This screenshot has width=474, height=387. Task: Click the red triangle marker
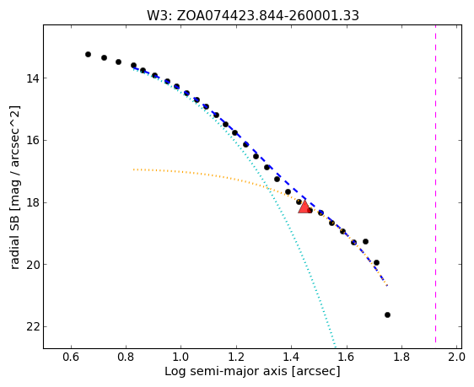pyautogui.click(x=304, y=207)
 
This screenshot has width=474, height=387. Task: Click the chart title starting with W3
pyautogui.click(x=253, y=16)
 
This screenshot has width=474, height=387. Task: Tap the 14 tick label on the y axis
pyautogui.click(x=32, y=78)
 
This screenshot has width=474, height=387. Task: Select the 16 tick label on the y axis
pyautogui.click(x=32, y=141)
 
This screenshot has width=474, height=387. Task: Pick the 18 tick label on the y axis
pyautogui.click(x=32, y=202)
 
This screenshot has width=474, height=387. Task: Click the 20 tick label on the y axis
pyautogui.click(x=32, y=265)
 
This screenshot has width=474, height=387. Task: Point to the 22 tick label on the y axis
pyautogui.click(x=32, y=327)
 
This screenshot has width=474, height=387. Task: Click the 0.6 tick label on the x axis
pyautogui.click(x=71, y=357)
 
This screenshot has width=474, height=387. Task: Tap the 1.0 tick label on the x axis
pyautogui.click(x=180, y=357)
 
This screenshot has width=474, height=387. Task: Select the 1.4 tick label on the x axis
pyautogui.click(x=291, y=357)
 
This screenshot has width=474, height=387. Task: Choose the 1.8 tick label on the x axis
pyautogui.click(x=401, y=357)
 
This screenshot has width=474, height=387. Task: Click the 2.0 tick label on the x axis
pyautogui.click(x=456, y=357)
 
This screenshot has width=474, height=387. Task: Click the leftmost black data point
pyautogui.click(x=88, y=54)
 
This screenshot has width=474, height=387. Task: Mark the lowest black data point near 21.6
pyautogui.click(x=387, y=314)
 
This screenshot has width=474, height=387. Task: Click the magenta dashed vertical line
pyautogui.click(x=435, y=184)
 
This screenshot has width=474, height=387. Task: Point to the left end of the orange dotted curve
pyautogui.click(x=133, y=169)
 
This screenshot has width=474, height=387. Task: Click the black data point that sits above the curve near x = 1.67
pyautogui.click(x=365, y=241)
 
